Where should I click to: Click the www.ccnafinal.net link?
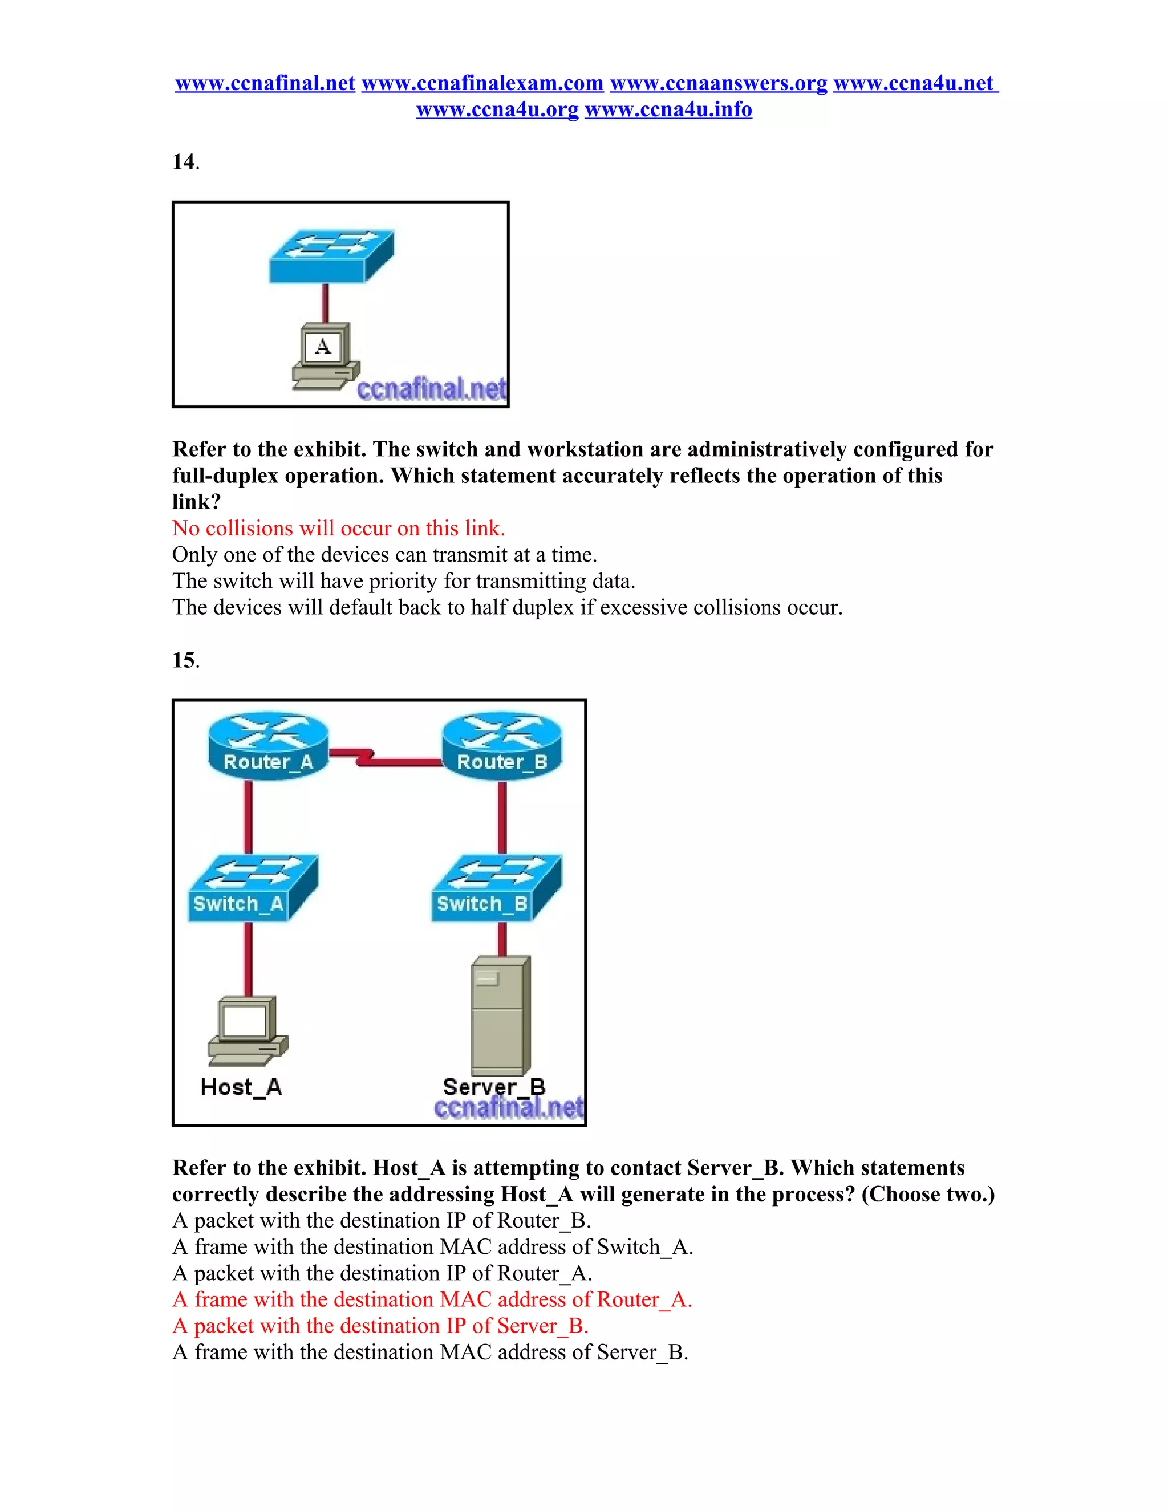[x=265, y=83]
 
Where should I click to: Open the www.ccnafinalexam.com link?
[x=482, y=83]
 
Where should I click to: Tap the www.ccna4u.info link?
[x=668, y=109]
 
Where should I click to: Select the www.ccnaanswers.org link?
[x=718, y=83]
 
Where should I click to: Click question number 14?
[x=184, y=162]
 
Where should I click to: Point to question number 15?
[x=184, y=660]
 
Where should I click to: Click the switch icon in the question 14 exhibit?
[x=331, y=256]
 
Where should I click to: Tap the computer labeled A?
[x=324, y=356]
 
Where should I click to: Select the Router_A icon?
[x=268, y=746]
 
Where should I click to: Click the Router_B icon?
[x=502, y=746]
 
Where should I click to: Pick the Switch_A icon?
[x=253, y=888]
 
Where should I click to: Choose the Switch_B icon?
[x=496, y=888]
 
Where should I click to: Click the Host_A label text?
[x=241, y=1087]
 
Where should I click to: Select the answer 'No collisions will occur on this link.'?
[x=338, y=529]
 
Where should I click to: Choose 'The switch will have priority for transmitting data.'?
[x=403, y=581]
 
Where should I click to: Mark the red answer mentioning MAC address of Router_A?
[x=432, y=1299]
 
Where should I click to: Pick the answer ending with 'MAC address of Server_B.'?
[x=429, y=1352]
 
